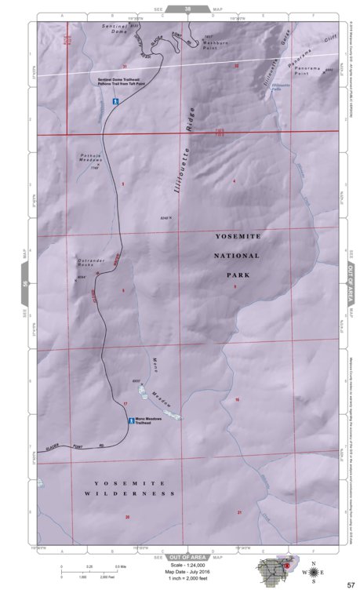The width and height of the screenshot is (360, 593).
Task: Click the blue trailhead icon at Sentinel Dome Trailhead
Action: tap(115, 101)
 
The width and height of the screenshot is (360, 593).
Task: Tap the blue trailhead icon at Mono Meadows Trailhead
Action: tap(130, 420)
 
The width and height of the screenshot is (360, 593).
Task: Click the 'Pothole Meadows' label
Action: tap(91, 158)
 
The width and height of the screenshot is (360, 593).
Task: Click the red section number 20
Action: tap(126, 517)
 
